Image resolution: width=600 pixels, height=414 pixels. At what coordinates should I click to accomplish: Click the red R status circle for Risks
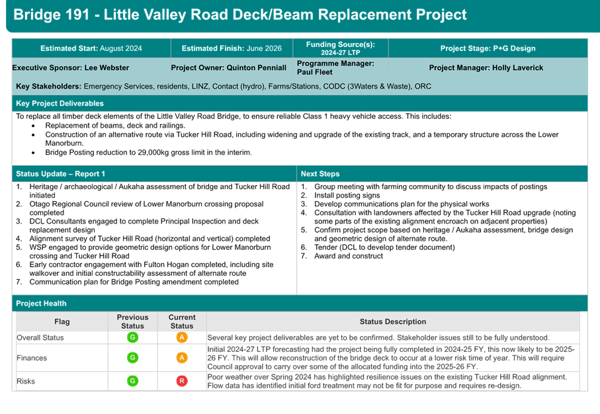click(x=182, y=381)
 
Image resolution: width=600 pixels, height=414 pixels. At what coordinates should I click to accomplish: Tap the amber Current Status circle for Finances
click(x=182, y=358)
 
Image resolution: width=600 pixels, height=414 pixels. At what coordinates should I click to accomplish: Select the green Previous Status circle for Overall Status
click(x=132, y=337)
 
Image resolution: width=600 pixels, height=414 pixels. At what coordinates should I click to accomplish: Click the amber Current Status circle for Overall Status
click(x=182, y=337)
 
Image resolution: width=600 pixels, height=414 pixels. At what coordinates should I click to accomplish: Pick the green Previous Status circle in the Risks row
click(x=132, y=381)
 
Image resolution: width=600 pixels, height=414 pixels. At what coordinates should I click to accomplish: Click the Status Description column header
click(x=392, y=322)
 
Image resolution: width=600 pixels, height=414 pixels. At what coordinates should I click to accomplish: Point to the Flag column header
click(x=62, y=322)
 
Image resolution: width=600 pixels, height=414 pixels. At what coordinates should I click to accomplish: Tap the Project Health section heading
click(x=41, y=304)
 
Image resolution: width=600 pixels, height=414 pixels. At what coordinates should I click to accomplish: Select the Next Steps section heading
click(x=320, y=174)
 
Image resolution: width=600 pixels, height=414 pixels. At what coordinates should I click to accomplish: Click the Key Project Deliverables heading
click(x=60, y=103)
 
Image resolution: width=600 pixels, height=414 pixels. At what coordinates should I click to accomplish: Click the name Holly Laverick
click(x=517, y=67)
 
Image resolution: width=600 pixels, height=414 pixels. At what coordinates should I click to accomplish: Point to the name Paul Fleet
click(x=314, y=72)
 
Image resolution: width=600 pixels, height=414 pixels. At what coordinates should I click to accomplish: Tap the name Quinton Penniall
click(x=257, y=67)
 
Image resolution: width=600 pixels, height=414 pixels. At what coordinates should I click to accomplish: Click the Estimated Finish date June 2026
click(x=264, y=48)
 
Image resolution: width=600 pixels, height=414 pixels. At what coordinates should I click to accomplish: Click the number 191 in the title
click(x=77, y=15)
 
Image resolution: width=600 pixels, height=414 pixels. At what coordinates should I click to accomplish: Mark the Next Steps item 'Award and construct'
click(x=349, y=256)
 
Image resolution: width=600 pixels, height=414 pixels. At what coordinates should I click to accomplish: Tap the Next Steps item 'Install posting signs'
click(x=347, y=196)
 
